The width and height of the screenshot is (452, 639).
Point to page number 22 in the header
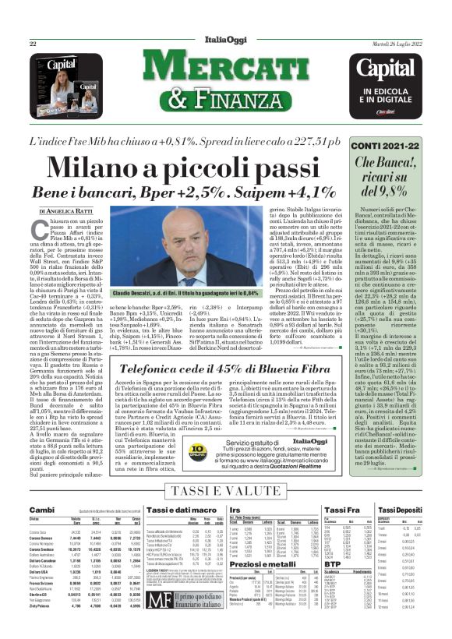click(33, 44)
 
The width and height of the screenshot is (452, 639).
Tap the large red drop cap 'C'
click(39, 231)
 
